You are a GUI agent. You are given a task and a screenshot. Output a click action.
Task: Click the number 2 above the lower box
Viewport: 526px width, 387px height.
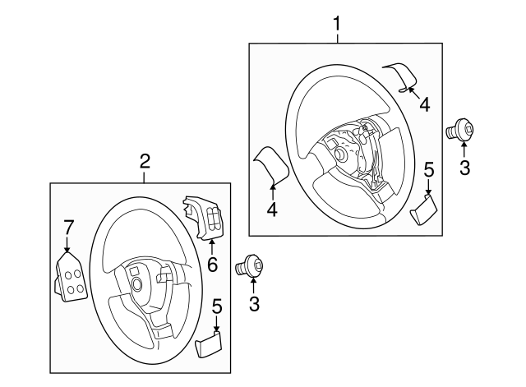pos(145,160)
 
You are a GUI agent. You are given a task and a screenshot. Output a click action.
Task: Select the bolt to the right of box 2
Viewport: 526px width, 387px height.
pos(251,266)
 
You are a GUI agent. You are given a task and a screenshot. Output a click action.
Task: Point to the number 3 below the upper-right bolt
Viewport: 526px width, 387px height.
pos(464,168)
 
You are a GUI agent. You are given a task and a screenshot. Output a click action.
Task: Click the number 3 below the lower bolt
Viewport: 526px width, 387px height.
pos(254,305)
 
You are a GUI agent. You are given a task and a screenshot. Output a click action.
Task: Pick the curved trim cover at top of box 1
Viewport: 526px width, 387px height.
pos(402,76)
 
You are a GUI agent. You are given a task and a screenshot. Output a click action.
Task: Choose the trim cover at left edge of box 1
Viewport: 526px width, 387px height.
pos(270,165)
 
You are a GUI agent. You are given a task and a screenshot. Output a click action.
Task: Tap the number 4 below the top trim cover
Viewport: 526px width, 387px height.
pos(424,104)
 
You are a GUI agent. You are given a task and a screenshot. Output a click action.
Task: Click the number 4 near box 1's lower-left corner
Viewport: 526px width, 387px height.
pos(272,210)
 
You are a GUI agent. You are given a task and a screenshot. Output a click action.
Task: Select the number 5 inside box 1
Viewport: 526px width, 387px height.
pos(428,169)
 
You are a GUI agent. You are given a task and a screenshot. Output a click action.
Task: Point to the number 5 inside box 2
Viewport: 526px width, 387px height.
pos(216,306)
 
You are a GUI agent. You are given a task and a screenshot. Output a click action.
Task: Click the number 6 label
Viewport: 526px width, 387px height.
pos(211,264)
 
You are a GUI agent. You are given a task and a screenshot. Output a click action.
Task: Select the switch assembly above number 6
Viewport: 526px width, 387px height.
pos(205,218)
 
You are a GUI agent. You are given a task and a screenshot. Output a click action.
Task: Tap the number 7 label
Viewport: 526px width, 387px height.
pos(69,226)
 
